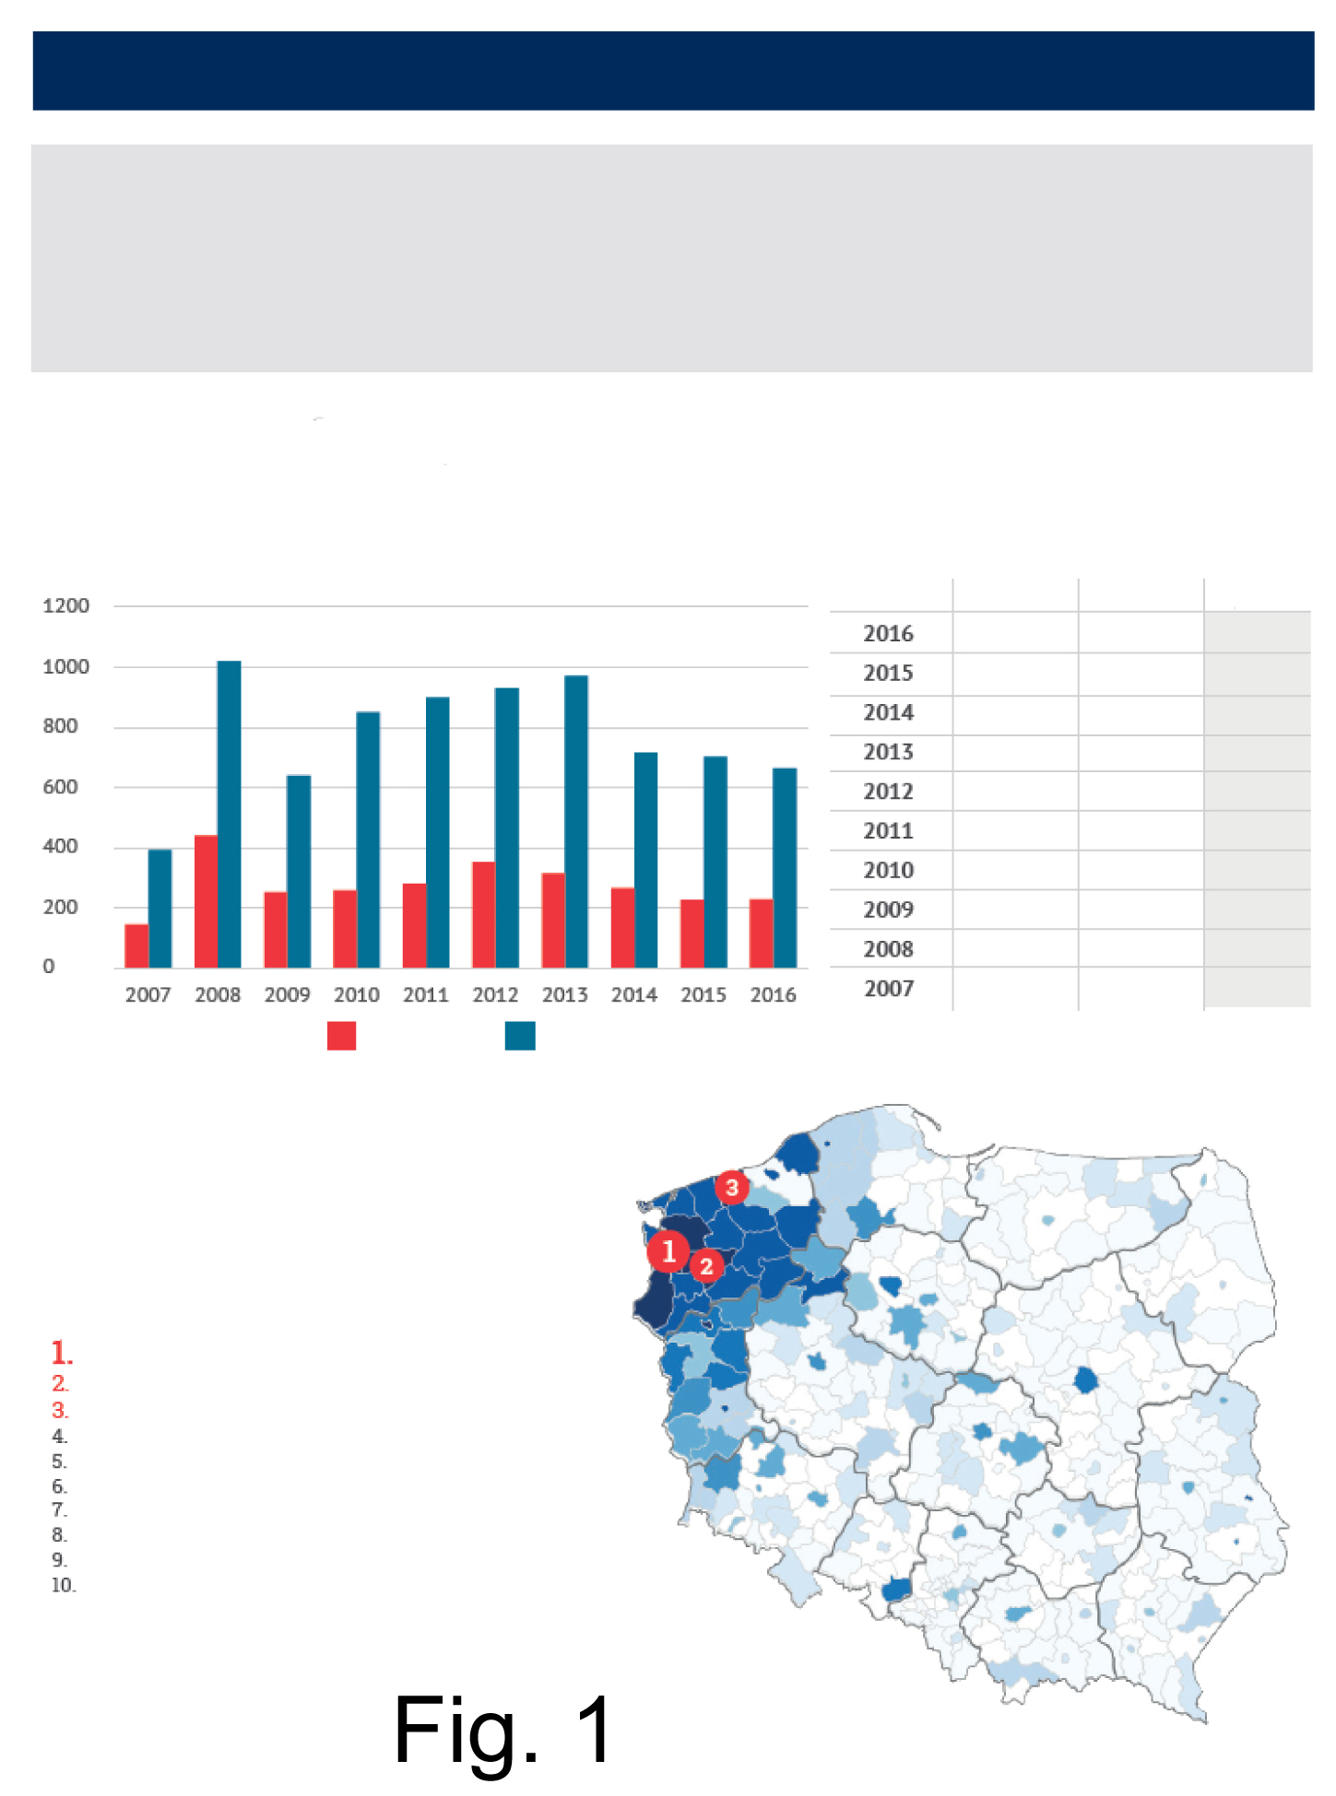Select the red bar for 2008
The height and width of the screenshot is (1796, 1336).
(206, 901)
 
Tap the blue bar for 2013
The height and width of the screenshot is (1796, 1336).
(576, 821)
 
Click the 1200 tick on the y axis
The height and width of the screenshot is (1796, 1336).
(65, 605)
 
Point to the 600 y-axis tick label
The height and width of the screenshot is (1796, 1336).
(60, 786)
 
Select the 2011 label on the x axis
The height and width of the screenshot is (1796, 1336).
(426, 995)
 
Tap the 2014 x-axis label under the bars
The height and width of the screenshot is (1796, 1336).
(634, 995)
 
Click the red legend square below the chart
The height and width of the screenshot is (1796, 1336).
(341, 1036)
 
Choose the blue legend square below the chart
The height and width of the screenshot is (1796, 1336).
(520, 1036)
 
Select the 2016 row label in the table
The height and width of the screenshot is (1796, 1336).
(888, 634)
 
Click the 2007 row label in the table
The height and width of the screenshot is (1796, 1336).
(889, 989)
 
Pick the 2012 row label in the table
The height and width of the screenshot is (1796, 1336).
(888, 792)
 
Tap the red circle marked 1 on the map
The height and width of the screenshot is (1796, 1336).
(668, 1251)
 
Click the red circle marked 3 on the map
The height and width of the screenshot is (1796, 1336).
(732, 1187)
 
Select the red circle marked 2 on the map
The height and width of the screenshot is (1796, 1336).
(706, 1266)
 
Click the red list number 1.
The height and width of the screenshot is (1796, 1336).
(62, 1353)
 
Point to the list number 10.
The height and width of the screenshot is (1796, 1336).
(64, 1585)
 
